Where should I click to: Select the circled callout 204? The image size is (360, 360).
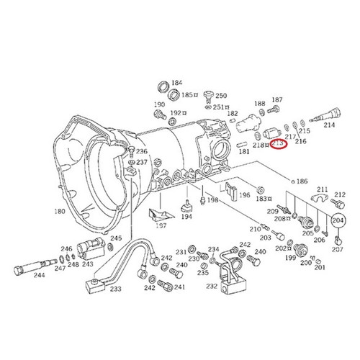coord(337,222)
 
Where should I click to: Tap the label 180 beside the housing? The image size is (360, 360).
coord(59,210)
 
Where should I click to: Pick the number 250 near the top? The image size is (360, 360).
coord(220,96)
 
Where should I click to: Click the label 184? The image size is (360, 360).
coord(177,83)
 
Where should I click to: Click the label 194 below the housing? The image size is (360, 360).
coord(186,216)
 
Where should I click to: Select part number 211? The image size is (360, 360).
coord(322,189)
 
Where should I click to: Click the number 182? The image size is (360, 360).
coord(233,114)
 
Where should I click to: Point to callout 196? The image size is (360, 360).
coord(246,194)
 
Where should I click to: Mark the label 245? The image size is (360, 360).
coord(115,238)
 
